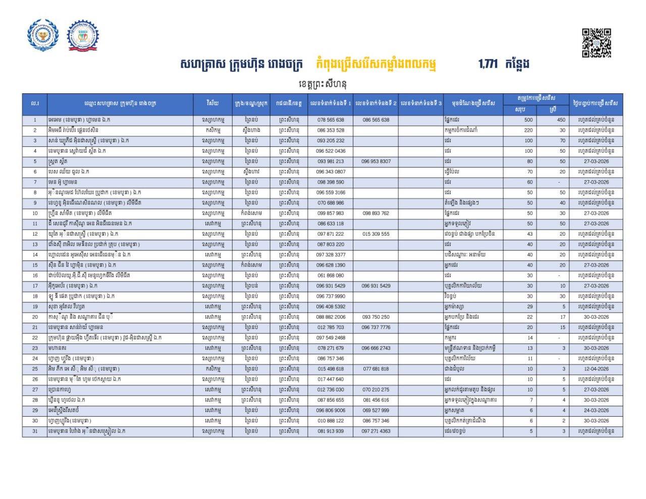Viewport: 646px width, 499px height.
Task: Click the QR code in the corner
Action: [597, 43]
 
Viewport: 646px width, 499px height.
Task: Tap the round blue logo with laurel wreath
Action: [43, 35]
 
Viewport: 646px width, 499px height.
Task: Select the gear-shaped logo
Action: [83, 35]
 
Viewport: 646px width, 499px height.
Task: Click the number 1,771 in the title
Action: [488, 64]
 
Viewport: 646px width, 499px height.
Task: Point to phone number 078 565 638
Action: [331, 120]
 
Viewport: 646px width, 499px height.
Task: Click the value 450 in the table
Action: [561, 120]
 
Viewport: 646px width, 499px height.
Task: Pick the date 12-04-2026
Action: [596, 369]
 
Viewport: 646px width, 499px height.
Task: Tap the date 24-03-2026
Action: [596, 410]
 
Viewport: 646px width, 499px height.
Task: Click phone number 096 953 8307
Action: [375, 161]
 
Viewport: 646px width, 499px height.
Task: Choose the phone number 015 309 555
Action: [375, 234]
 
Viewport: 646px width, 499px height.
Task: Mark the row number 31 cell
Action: [35, 431]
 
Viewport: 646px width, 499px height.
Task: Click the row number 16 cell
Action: [35, 275]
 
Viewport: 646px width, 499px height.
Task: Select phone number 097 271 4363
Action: [375, 431]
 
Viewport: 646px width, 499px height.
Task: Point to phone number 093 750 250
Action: [375, 317]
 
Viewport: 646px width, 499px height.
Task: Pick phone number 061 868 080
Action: [331, 275]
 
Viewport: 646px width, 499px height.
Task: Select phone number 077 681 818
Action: [375, 369]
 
